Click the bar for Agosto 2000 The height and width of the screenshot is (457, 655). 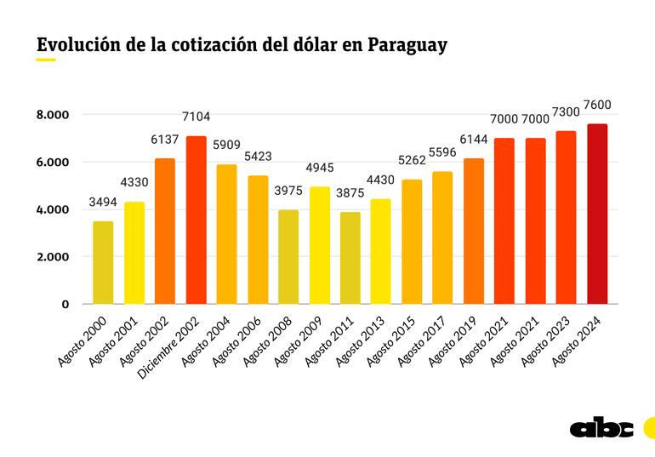(x=103, y=263)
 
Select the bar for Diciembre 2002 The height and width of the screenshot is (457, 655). (x=196, y=220)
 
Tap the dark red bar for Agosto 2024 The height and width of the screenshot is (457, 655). (x=597, y=214)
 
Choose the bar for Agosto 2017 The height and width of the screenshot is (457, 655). (x=442, y=238)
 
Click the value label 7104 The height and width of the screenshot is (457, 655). (x=196, y=117)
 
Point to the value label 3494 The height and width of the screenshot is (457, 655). (x=103, y=203)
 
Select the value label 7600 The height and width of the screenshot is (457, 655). (x=597, y=105)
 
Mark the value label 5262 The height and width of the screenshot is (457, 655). (x=412, y=161)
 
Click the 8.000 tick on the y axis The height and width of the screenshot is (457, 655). (x=53, y=115)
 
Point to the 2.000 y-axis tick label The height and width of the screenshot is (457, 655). (x=53, y=257)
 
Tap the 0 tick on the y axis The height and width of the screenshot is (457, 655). (x=65, y=304)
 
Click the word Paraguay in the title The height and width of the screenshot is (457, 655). (x=407, y=45)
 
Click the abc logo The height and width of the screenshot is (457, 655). (x=601, y=428)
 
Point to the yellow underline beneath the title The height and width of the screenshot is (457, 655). (x=46, y=60)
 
